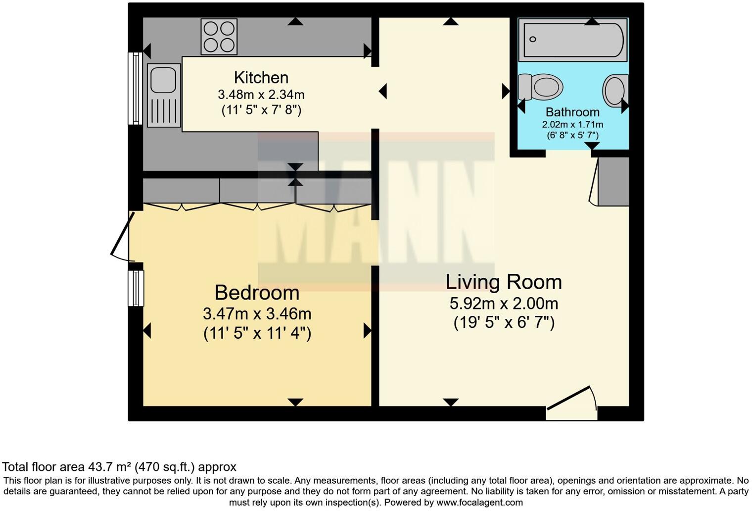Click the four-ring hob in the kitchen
[x=219, y=37]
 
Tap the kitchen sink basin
[x=163, y=80]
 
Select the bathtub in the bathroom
[x=573, y=40]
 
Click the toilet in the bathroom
[x=540, y=87]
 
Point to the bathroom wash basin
[x=615, y=91]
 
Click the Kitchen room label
[x=261, y=78]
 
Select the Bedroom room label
[x=257, y=293]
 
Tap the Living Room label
[x=504, y=282]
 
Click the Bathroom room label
[x=572, y=112]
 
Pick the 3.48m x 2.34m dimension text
[x=261, y=95]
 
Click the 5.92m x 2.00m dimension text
[x=504, y=304]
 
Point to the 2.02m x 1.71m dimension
[x=572, y=124]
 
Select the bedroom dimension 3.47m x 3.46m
[x=257, y=314]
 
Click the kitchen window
[x=135, y=88]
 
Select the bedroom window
[x=136, y=288]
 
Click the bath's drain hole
[x=532, y=39]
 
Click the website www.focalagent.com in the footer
[x=480, y=503]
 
